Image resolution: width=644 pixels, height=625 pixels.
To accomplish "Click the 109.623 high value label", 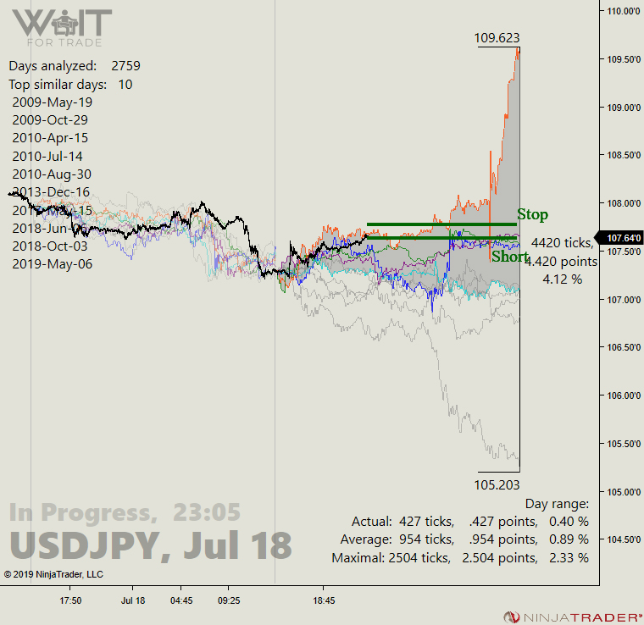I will [x=497, y=37].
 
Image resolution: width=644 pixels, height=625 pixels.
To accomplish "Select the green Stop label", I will [x=533, y=215].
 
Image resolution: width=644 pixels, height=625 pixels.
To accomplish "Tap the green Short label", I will [x=510, y=257].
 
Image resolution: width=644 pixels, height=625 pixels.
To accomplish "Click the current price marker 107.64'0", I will [x=620, y=238].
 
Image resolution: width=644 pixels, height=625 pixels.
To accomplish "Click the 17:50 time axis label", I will [x=70, y=600].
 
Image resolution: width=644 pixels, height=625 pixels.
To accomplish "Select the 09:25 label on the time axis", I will [x=228, y=600].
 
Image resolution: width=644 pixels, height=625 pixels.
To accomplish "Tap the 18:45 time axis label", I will [x=323, y=600].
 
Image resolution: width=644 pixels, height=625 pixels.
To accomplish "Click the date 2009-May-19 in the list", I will [x=53, y=102].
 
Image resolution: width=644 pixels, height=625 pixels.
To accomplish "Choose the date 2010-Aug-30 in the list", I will [x=53, y=174].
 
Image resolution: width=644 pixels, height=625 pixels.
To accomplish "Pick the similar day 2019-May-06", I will [x=53, y=263].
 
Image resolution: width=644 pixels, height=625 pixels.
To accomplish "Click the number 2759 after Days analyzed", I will [x=125, y=65].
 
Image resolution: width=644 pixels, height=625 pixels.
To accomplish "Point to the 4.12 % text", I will [x=562, y=279].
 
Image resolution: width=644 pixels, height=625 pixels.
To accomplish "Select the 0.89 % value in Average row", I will [x=569, y=539].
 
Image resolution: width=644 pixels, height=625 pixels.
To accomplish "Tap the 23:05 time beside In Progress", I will [x=207, y=512].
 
